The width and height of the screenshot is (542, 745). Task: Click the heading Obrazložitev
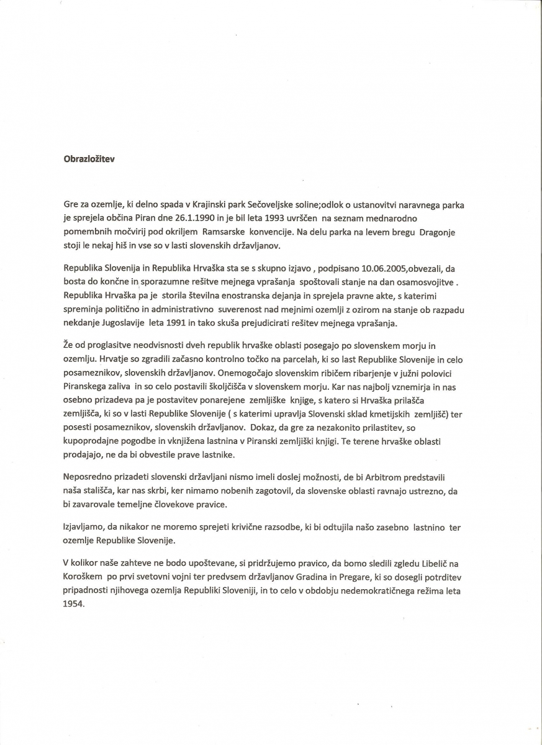tap(89, 158)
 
